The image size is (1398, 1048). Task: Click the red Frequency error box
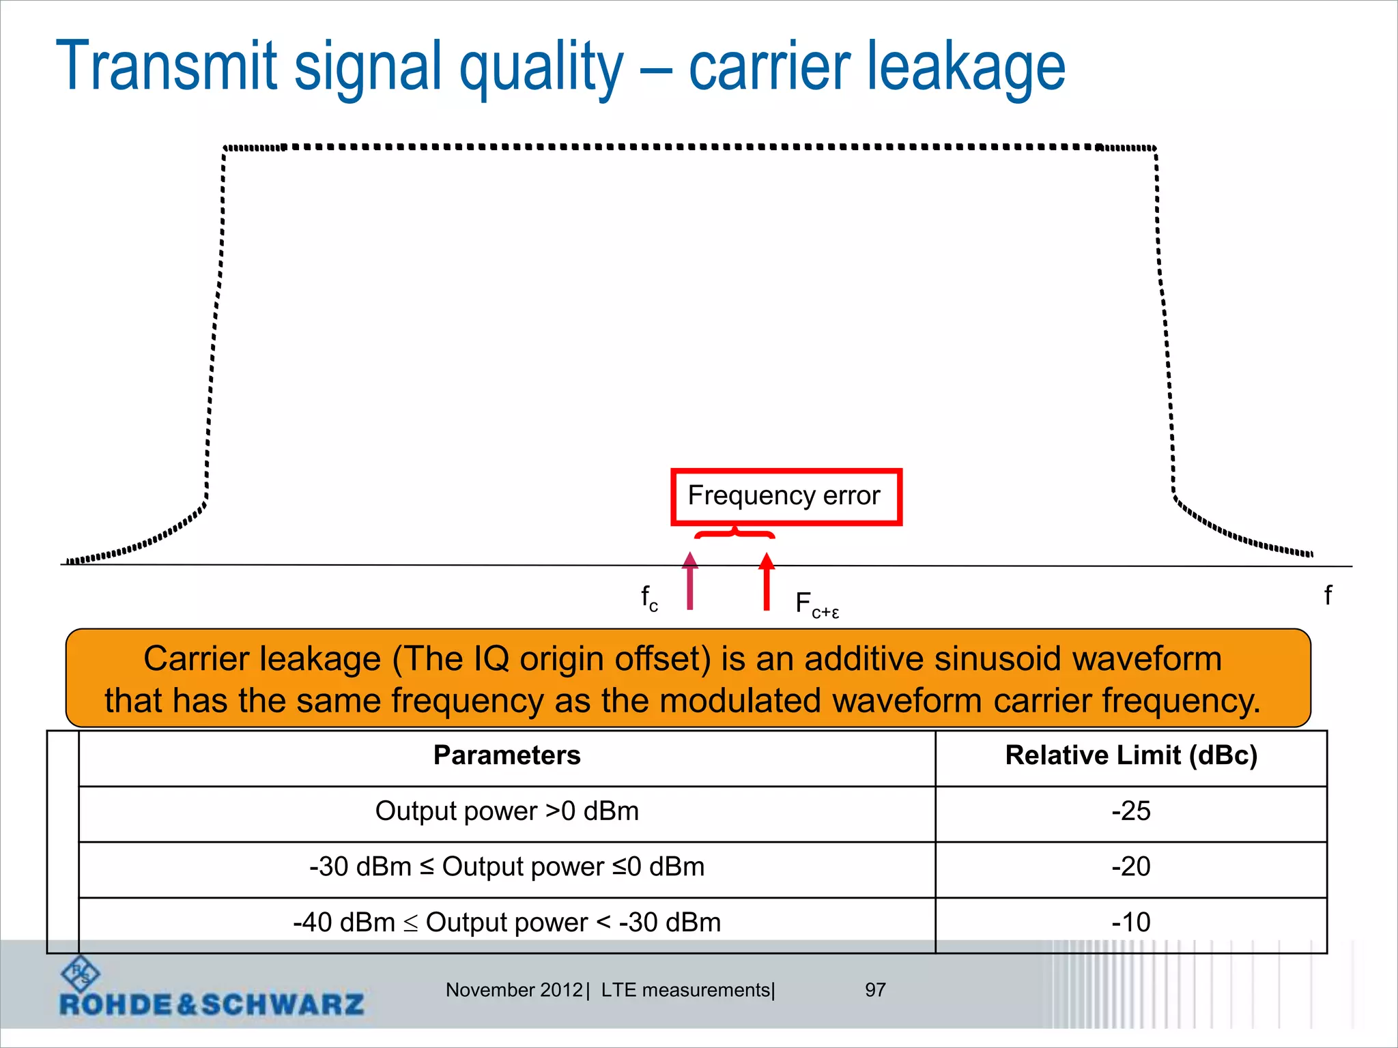[786, 497]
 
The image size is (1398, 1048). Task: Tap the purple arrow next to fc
[690, 581]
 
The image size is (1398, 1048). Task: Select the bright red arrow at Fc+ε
[767, 581]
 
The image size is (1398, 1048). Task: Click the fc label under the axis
[649, 599]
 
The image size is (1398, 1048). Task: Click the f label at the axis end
[1328, 596]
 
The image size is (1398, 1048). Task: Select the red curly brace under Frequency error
[734, 532]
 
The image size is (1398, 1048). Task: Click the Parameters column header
[507, 756]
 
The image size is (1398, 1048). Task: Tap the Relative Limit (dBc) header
[1130, 756]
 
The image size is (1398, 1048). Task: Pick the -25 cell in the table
[1130, 811]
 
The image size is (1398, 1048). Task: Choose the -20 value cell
[1130, 867]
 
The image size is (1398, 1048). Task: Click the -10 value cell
[1130, 922]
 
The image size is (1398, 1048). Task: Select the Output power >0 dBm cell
[507, 811]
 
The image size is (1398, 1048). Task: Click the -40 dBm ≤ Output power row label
[507, 922]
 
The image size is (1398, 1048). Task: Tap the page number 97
[875, 990]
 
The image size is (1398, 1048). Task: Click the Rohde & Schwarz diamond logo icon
[81, 974]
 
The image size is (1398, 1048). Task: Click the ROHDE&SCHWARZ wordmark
[212, 1005]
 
